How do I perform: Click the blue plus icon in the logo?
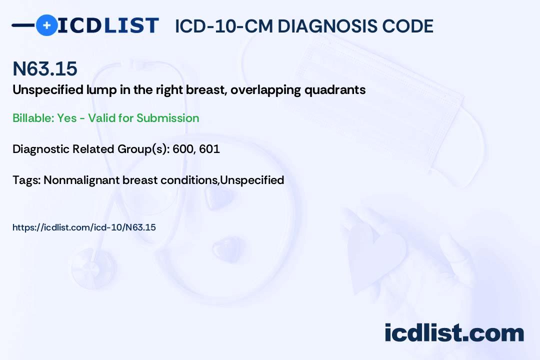click(x=46, y=25)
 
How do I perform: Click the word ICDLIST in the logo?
click(x=108, y=25)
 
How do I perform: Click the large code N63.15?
click(x=45, y=68)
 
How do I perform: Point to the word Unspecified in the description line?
click(x=47, y=90)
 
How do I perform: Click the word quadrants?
click(x=335, y=90)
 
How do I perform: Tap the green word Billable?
click(x=33, y=118)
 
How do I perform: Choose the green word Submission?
click(x=167, y=118)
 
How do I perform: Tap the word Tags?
click(x=26, y=180)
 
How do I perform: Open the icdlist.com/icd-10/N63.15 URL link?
click(x=84, y=227)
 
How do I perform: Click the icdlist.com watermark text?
click(x=454, y=332)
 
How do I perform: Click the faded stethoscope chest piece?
click(x=93, y=268)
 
